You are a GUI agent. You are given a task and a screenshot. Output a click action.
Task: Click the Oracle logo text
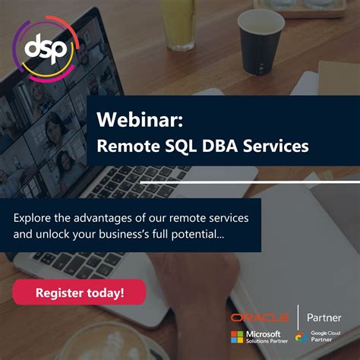[259, 317]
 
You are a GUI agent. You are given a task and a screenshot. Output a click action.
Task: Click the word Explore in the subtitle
[35, 217]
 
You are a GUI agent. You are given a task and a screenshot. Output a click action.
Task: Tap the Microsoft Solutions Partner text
[264, 336]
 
